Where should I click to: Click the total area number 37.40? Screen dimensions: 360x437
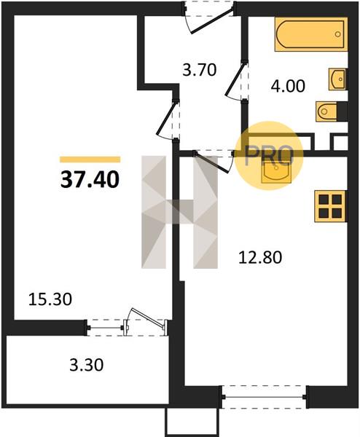pos(90,179)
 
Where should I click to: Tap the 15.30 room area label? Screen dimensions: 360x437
pos(50,299)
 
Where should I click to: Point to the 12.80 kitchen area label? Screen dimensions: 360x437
pos(260,257)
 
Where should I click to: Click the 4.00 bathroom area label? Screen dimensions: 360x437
pos(288,86)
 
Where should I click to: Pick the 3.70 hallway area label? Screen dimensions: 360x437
pos(200,70)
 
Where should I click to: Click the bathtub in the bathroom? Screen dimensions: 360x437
pos(311,34)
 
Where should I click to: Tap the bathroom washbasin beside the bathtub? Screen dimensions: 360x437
pos(337,79)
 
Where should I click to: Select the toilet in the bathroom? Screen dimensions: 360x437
pos(332,111)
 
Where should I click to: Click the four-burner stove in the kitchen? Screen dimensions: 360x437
pos(331,206)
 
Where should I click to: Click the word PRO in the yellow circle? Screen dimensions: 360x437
pos(269,156)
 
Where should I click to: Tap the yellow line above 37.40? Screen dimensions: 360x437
pos(90,160)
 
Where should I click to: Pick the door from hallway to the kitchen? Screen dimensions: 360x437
pos(214,162)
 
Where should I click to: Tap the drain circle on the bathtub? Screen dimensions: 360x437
pos(337,34)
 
